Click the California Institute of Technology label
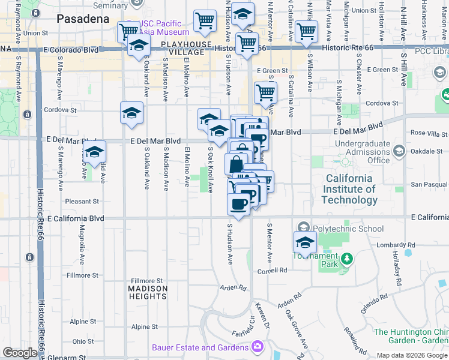pos(351,189)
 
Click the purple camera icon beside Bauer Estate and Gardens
pos(258,347)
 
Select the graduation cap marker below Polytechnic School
pos(305,243)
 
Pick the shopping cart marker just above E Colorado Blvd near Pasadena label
pos(128,31)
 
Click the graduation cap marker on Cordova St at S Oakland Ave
pos(131,112)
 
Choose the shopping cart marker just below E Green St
pos(265,93)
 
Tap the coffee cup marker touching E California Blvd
pos(238,204)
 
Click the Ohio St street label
pos(83,341)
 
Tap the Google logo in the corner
pos(20,352)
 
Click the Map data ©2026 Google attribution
pos(411,355)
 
